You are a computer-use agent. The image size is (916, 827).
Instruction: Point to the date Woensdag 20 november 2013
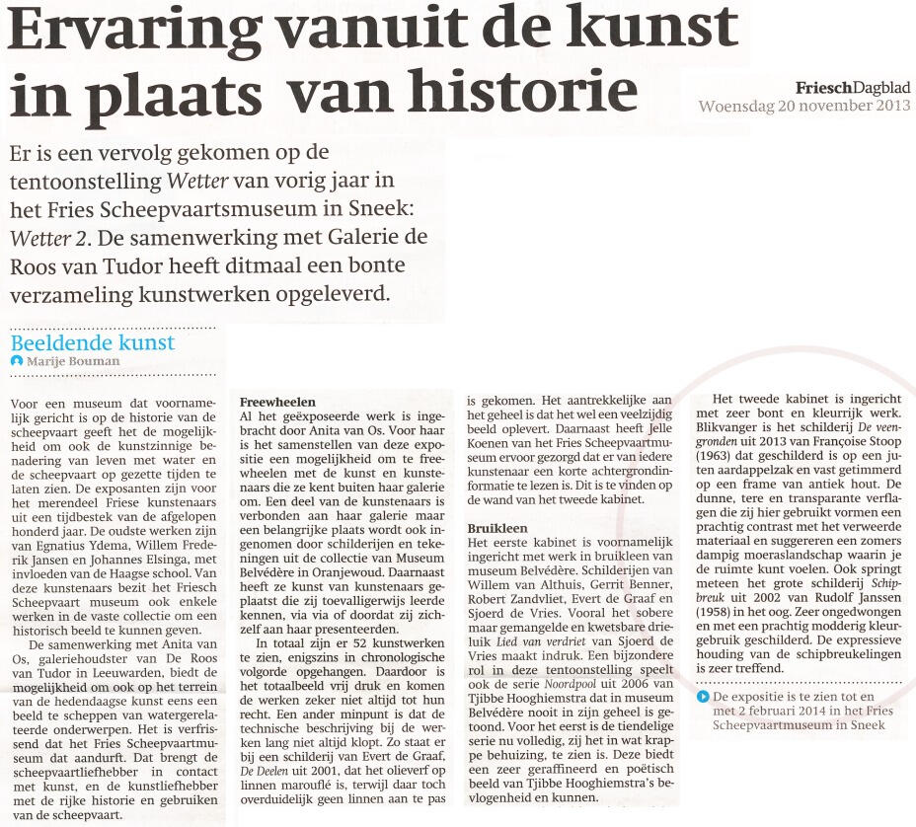803,106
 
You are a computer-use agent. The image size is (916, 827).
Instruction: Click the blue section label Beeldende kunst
93,343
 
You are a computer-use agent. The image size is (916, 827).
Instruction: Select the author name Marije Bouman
74,361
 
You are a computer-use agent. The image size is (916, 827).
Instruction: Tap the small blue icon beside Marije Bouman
16,361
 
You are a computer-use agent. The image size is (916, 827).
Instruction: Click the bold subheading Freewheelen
277,403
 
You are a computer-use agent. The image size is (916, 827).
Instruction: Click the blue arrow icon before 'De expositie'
703,697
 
